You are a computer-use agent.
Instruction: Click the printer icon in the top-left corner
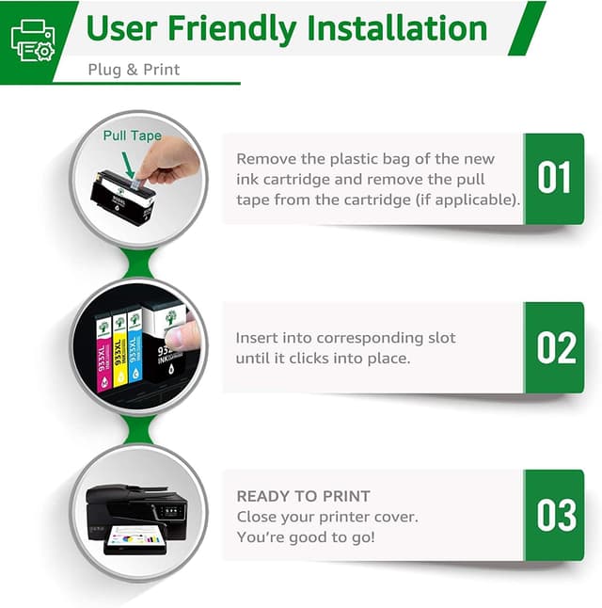click(x=32, y=40)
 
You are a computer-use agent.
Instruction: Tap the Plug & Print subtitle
click(x=134, y=70)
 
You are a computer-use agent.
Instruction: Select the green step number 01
click(x=555, y=178)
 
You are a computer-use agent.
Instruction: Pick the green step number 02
click(x=555, y=347)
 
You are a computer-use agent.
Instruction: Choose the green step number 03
click(x=555, y=515)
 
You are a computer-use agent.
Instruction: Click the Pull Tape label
click(x=132, y=136)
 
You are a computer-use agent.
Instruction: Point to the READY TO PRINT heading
click(x=303, y=496)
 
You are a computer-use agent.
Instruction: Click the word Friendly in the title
click(x=241, y=28)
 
